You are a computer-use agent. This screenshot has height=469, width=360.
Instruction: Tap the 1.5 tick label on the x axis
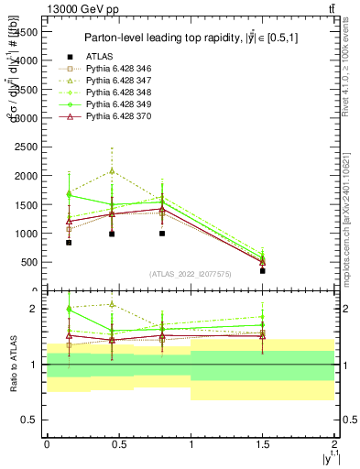(x=263, y=442)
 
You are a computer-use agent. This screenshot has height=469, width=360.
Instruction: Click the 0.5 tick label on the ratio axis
(x=31, y=420)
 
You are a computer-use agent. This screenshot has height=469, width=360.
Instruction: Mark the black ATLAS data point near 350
(x=263, y=271)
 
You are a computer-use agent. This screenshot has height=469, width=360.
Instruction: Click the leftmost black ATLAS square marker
(x=69, y=243)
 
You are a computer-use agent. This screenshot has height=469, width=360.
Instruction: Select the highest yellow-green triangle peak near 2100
(x=112, y=170)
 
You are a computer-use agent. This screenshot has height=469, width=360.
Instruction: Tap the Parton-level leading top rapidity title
(x=189, y=38)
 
